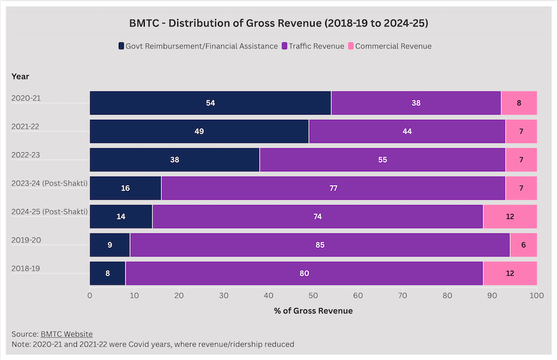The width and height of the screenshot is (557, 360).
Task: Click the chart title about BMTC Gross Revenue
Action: pos(278,23)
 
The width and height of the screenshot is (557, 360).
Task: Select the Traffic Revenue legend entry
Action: pos(316,46)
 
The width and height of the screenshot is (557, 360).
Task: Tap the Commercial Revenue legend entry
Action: pos(393,46)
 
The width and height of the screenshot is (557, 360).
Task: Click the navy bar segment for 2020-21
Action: pos(210,103)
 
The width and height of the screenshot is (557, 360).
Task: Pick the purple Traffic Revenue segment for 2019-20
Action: pos(320,245)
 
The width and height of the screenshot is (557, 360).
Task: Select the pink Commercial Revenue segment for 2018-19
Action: pos(510,274)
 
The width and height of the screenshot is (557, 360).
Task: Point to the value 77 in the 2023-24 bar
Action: pos(333,188)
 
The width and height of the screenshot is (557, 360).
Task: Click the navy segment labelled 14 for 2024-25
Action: pos(121,217)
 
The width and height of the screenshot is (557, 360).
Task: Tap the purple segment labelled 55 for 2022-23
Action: pos(382,160)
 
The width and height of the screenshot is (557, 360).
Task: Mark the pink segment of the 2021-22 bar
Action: pos(521,132)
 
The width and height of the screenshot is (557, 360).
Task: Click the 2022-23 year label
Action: pos(26,155)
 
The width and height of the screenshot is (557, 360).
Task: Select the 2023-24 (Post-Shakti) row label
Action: pos(50,183)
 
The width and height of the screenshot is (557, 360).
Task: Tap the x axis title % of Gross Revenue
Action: pos(313,310)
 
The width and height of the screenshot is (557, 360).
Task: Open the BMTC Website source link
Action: pos(66,334)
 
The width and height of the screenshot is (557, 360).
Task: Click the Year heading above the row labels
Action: pos(21,76)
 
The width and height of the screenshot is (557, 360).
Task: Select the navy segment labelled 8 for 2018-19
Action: pos(108,274)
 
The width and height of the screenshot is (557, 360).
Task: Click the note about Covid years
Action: pos(153,344)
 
